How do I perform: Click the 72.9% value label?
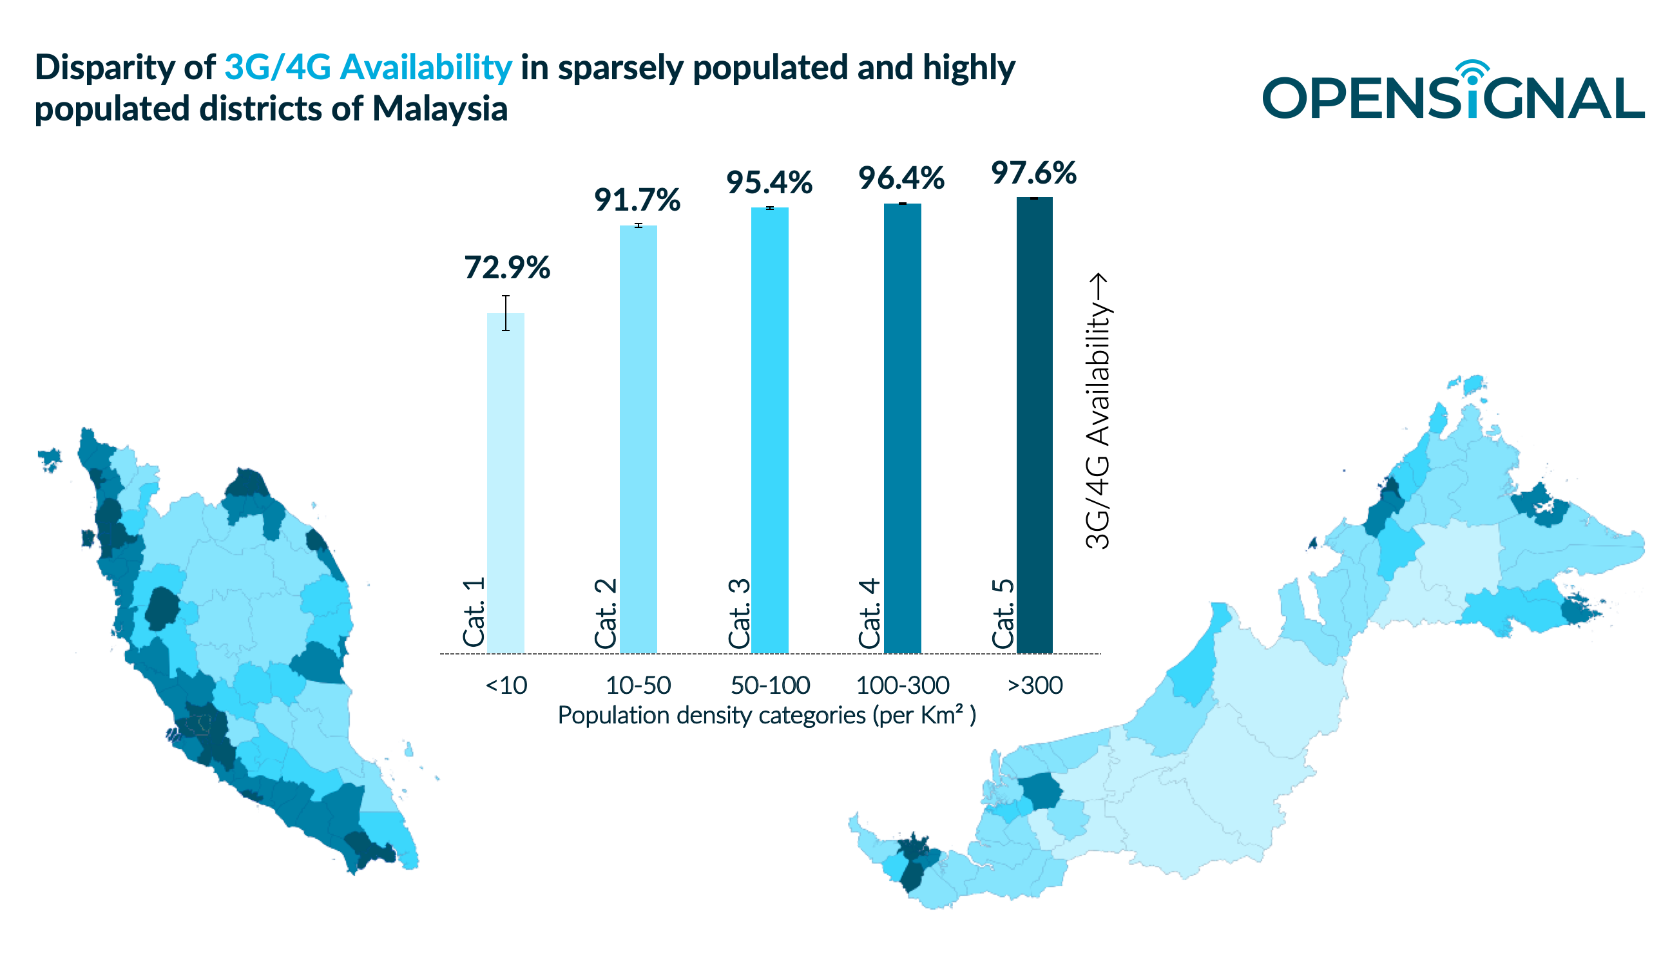506,268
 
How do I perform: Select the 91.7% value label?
637,200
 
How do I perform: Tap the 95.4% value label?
769,182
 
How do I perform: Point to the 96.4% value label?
901,178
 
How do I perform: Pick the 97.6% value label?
1033,173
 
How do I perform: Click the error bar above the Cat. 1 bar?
506,312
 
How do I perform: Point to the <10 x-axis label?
506,685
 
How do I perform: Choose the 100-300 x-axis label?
902,685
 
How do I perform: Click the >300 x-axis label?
1035,685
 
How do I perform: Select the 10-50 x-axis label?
637,685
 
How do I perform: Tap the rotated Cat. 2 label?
605,613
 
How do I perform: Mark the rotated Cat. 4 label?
869,613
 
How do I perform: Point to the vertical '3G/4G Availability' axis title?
1098,411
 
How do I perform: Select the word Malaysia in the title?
440,108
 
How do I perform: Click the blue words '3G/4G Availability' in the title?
368,67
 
